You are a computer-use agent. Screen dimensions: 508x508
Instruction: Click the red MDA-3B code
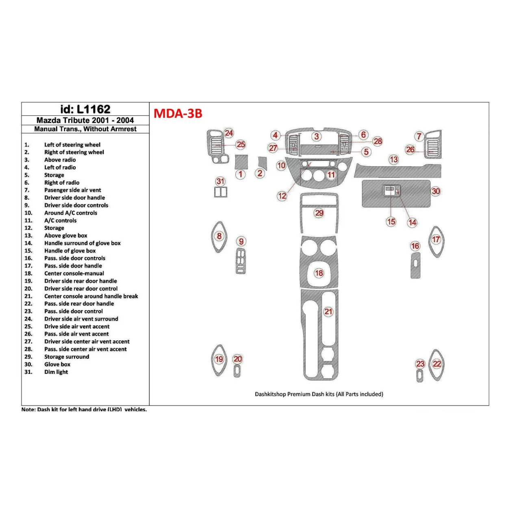point(178,113)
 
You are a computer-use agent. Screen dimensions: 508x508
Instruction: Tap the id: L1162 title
point(85,109)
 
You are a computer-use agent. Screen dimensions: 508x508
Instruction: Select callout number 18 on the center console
point(319,273)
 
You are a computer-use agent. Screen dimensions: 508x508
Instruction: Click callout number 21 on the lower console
point(328,312)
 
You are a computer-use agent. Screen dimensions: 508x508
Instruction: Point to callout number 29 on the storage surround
point(319,213)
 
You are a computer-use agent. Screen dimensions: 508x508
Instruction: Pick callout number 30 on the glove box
point(436,191)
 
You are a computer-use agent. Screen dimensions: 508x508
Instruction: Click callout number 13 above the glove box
point(393,159)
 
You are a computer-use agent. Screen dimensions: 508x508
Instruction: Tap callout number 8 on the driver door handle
point(219,236)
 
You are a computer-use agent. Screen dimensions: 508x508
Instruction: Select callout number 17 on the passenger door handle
point(436,239)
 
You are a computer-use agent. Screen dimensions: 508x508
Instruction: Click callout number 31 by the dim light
point(220,181)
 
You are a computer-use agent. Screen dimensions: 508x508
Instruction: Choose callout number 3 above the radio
point(317,137)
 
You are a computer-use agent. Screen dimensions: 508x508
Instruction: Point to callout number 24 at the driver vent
point(229,133)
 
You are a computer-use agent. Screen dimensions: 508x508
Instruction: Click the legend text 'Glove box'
point(57,365)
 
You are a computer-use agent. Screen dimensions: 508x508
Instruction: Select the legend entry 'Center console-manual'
point(74,274)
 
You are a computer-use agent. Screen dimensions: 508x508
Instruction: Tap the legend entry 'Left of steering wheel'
point(72,145)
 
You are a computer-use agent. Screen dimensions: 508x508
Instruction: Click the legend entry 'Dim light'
point(56,372)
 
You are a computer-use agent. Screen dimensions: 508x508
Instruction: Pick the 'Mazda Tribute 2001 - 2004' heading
point(85,120)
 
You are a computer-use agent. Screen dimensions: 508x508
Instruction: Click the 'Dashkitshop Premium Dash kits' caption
point(319,394)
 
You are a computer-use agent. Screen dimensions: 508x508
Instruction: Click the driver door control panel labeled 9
point(241,261)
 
